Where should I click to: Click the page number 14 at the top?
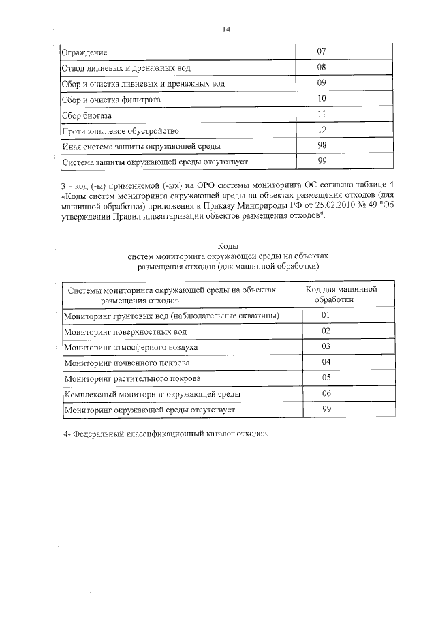(x=226, y=29)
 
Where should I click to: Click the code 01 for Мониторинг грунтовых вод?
(x=326, y=315)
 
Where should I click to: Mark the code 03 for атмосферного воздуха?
(x=326, y=346)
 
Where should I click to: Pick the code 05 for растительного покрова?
(x=326, y=378)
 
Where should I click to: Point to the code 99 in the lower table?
(x=326, y=409)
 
